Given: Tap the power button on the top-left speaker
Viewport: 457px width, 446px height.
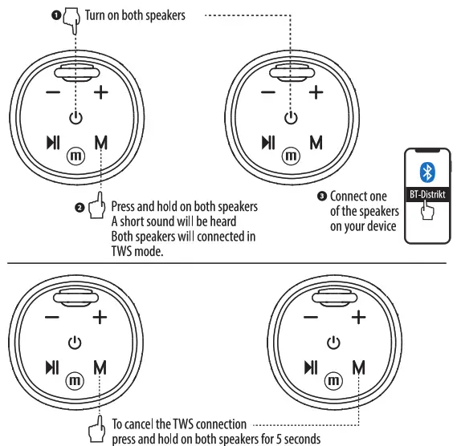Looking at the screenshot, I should (75, 117).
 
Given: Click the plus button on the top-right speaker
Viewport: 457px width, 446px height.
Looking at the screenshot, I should (316, 92).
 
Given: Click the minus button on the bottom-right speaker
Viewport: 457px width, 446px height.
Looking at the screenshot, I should (308, 317).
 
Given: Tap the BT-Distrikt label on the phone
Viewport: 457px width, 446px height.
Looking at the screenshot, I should (427, 195).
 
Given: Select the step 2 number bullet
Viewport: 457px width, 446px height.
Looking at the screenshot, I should (80, 208).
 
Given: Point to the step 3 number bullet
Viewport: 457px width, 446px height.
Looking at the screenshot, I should (322, 196).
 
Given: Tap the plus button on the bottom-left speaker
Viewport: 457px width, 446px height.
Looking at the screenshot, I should (100, 317).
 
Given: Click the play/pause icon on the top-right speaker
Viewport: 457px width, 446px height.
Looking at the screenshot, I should (268, 143).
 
